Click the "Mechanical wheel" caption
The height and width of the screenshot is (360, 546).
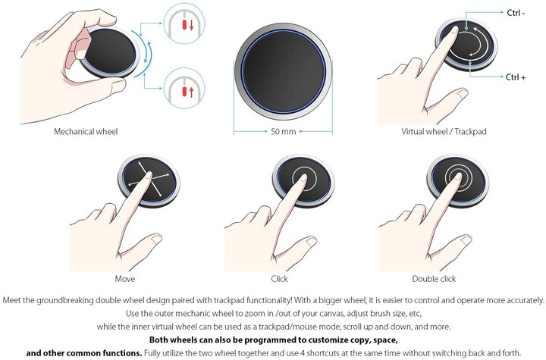tap(86, 132)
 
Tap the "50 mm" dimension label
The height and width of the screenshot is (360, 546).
tap(284, 132)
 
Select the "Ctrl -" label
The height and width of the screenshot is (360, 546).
tap(516, 13)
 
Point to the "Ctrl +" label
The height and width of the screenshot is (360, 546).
tap(516, 77)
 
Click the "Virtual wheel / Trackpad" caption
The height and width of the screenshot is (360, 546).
tap(444, 132)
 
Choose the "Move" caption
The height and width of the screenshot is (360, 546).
tap(124, 279)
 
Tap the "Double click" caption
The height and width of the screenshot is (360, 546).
tap(434, 279)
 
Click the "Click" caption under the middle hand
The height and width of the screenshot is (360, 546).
tap(279, 279)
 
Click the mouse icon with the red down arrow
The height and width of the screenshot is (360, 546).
tap(184, 23)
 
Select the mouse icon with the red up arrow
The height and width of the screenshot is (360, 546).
tap(184, 88)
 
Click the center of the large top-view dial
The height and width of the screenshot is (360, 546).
tap(284, 71)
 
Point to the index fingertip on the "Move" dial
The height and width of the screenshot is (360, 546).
tap(149, 174)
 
